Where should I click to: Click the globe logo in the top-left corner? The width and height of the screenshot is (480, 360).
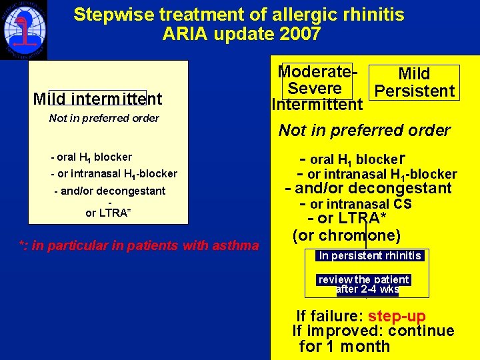[23, 30]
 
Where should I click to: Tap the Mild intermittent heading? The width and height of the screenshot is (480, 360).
[97, 99]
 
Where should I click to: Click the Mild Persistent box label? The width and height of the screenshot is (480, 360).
[414, 83]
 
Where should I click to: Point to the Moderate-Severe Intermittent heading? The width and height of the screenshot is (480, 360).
[316, 88]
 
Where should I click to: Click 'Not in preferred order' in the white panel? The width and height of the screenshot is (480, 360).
[104, 119]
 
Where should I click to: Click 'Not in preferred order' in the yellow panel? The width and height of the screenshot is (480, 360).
[364, 131]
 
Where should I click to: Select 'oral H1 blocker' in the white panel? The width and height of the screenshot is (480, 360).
[94, 157]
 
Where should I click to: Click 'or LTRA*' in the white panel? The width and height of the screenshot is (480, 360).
[109, 213]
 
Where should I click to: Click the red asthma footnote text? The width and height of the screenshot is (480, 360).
[139, 246]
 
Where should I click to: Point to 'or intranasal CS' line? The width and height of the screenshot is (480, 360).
[360, 204]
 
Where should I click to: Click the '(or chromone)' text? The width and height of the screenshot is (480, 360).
[346, 236]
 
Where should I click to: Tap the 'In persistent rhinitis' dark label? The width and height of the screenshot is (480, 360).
[370, 255]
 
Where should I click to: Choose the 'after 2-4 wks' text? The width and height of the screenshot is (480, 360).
[368, 289]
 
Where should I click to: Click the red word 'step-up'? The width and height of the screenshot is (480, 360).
[397, 316]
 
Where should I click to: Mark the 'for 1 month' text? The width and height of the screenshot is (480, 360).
[345, 346]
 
